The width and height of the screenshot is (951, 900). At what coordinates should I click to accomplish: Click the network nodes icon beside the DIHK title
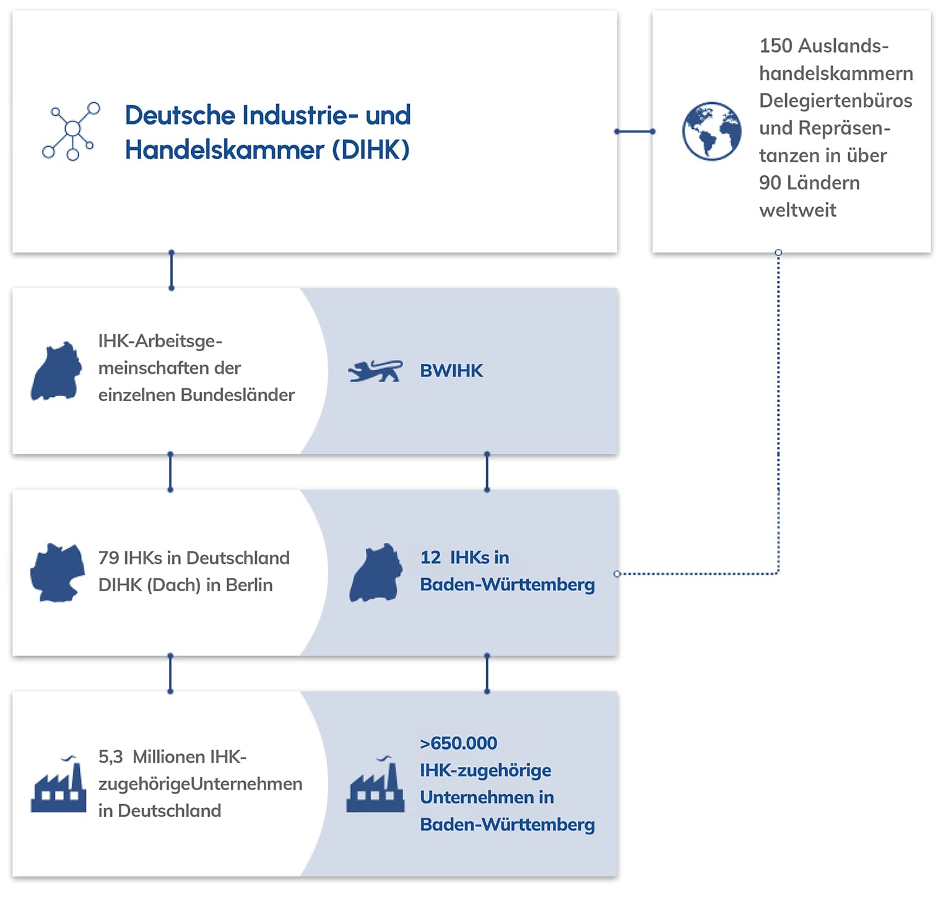(x=71, y=131)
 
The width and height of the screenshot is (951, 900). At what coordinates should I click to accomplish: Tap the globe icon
(x=711, y=131)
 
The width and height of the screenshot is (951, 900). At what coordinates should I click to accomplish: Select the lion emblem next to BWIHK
(x=375, y=371)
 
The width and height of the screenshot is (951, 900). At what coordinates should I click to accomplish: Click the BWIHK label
(x=451, y=371)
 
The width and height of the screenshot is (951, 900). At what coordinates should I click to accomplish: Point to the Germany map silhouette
(x=58, y=573)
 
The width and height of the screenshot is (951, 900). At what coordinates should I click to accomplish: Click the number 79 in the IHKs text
(x=108, y=558)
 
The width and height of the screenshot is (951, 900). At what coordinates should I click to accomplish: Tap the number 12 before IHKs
(x=430, y=558)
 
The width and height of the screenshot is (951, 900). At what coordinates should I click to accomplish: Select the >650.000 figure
(x=459, y=743)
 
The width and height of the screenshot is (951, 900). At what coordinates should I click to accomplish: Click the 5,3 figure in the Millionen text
(x=110, y=757)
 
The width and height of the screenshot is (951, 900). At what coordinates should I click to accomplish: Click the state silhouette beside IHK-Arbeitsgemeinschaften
(x=56, y=371)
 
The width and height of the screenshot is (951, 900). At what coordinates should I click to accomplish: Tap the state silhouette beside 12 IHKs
(x=376, y=573)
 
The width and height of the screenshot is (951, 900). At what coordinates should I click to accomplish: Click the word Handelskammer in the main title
(x=224, y=150)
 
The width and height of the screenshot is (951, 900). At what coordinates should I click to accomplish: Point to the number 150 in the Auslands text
(x=776, y=46)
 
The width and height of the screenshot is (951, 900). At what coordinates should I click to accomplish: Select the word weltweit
(x=797, y=210)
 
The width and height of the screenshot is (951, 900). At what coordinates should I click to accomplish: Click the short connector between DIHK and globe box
(x=635, y=131)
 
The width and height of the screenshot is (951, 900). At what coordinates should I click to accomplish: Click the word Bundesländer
(x=238, y=395)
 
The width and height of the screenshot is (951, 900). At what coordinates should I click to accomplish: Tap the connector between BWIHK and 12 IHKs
(x=487, y=472)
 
